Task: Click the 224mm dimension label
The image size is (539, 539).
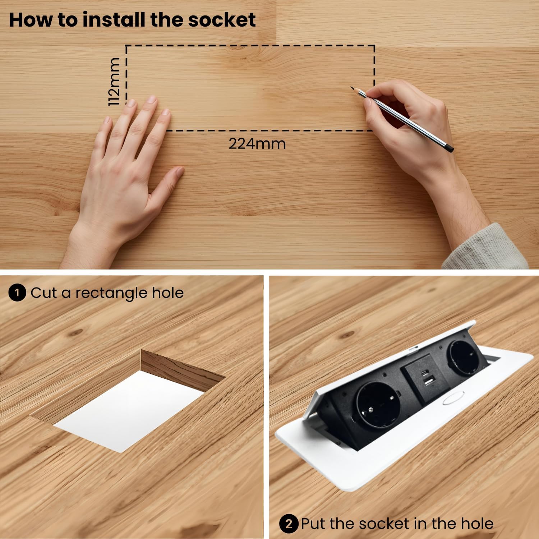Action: click(257, 144)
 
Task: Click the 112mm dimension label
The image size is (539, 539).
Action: click(114, 82)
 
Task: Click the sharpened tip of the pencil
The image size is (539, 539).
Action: click(352, 88)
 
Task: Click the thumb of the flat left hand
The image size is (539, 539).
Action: click(172, 179)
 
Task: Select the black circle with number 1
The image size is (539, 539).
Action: click(17, 293)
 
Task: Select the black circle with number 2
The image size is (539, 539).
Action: click(289, 524)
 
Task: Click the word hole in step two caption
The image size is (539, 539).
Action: click(477, 524)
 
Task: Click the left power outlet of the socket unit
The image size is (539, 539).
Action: click(378, 404)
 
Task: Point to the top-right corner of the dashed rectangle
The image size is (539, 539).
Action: click(374, 46)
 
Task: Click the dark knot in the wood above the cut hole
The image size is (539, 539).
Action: click(77, 332)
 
